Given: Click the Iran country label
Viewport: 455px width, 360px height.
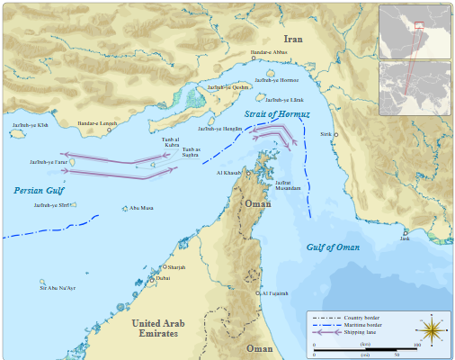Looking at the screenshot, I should coord(293,39).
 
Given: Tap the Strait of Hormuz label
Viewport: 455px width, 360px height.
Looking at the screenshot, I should coord(277,114).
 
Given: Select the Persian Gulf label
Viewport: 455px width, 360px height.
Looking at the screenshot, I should coord(39,191).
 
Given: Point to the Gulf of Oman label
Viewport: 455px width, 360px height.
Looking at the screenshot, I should coord(333,247).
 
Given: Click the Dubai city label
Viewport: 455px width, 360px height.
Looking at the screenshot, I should coord(163,279).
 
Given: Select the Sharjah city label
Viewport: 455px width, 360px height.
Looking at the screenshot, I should coord(176,268).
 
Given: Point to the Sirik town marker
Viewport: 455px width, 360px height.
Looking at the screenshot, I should coord(338,133).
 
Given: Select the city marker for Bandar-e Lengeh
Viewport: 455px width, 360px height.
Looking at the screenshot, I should coord(110,130).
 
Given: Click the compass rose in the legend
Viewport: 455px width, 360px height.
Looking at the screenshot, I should coord(433,331).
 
